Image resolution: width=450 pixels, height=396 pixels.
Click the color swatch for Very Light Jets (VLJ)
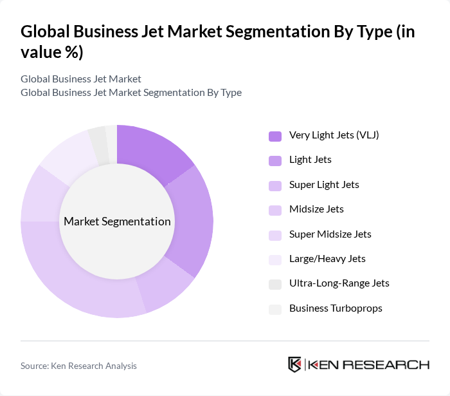[x=275, y=136]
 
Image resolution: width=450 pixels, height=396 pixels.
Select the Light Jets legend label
[x=310, y=160]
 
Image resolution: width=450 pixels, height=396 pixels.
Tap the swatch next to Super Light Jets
[x=275, y=185]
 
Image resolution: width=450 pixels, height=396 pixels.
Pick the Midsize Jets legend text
[x=316, y=209]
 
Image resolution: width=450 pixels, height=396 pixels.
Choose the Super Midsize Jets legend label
[x=330, y=234]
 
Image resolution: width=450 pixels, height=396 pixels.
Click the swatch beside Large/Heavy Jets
[x=275, y=259]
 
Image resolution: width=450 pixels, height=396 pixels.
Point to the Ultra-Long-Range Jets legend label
[x=339, y=283]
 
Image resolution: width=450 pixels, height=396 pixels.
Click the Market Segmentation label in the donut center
[x=117, y=222]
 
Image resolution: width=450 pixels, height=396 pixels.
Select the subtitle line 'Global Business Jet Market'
[x=81, y=79]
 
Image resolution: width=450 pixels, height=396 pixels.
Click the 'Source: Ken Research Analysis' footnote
[x=78, y=366]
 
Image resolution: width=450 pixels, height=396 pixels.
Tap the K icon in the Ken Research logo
[x=295, y=364]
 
